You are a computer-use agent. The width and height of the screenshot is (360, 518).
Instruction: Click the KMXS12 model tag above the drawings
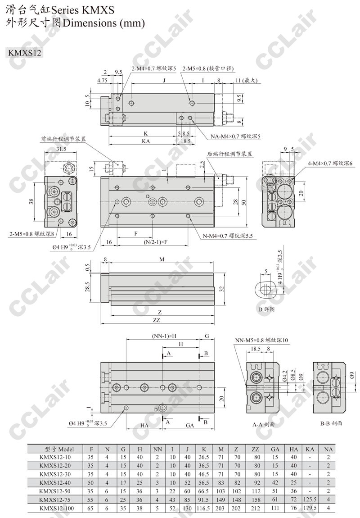[x=25, y=53]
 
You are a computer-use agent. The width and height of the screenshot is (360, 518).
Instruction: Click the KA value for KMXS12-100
[x=310, y=508]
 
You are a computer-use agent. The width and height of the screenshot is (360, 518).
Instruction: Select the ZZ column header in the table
[x=255, y=449]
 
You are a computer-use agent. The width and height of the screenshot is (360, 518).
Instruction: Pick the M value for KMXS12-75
[x=221, y=500]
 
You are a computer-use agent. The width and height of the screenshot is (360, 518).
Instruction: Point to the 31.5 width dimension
[x=61, y=149]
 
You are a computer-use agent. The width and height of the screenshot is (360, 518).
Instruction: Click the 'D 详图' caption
[x=266, y=309]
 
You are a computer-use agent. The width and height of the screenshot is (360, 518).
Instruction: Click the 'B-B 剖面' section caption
[x=331, y=423]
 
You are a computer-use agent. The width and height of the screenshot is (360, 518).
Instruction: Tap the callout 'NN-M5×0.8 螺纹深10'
[x=261, y=340]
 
